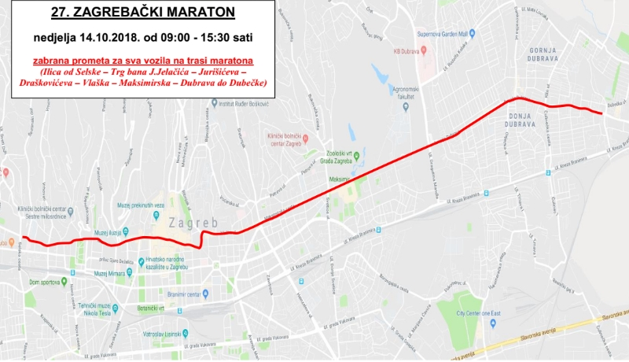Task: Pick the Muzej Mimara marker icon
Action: pyautogui.click(x=88, y=272)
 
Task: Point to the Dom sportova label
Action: pyautogui.click(x=45, y=282)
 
